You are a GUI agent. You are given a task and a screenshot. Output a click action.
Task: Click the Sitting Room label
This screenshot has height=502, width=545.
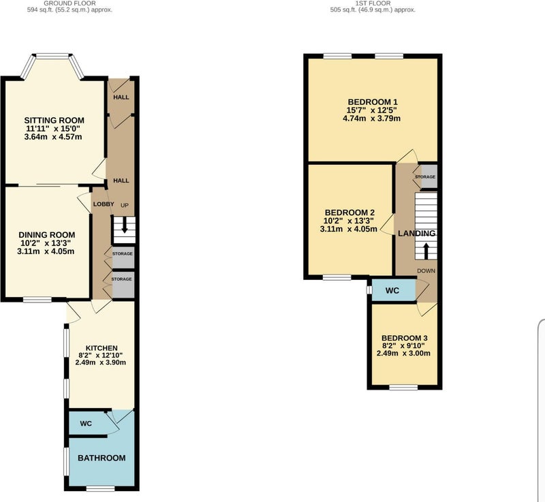[54, 121]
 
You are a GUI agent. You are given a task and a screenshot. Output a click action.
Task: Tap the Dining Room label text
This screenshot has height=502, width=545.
[46, 235]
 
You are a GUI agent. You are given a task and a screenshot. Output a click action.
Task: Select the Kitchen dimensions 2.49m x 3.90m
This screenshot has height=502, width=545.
[100, 362]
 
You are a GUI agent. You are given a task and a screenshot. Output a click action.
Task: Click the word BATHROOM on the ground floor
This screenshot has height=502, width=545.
[102, 458]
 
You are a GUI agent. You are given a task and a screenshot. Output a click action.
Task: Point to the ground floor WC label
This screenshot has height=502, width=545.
[86, 424]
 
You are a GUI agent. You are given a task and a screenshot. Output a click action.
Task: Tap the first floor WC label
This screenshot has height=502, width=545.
[392, 290]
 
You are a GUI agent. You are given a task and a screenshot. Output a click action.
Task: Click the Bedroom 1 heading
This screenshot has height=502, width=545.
[373, 102]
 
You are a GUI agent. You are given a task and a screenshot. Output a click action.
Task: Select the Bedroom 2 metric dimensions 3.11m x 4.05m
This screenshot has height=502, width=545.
[349, 229]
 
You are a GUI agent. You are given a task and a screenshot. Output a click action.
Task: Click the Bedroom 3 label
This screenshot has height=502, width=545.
[405, 338]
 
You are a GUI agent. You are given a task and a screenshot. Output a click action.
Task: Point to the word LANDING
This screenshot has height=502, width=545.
[417, 234]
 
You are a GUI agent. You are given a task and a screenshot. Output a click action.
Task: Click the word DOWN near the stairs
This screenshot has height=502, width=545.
[426, 271]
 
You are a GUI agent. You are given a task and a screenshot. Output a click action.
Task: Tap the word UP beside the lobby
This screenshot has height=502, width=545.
[125, 205]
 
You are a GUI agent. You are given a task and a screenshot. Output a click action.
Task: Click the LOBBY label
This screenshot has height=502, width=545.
[104, 204]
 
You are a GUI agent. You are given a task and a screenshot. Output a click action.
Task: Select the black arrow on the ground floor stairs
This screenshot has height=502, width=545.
[124, 226]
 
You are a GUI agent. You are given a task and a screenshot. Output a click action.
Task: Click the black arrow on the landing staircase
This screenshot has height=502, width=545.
[426, 250]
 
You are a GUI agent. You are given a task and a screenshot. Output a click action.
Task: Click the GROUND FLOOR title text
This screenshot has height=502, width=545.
[70, 3]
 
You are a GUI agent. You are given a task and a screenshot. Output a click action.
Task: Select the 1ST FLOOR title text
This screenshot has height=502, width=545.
[373, 3]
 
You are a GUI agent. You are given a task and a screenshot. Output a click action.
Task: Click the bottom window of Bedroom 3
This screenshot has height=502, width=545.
[403, 387]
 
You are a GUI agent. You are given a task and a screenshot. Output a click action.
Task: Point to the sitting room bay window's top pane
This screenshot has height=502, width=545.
[53, 56]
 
